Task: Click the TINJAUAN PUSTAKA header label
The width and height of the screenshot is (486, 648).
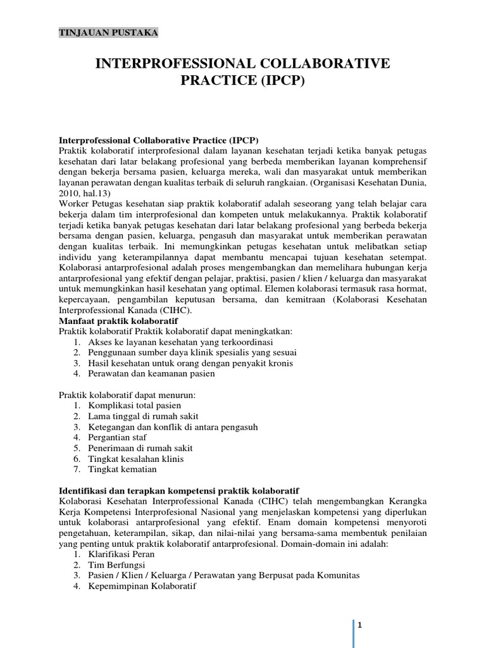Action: point(108,32)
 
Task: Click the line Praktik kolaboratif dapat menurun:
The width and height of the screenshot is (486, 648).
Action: point(127,395)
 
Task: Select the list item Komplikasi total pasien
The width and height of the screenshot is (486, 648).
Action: point(135,405)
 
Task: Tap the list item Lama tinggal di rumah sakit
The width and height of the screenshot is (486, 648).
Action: point(143,416)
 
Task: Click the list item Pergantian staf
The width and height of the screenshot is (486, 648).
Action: point(118,437)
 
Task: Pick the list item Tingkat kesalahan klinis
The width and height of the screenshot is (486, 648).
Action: point(136,459)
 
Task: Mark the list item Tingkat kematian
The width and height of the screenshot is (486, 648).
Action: point(122,470)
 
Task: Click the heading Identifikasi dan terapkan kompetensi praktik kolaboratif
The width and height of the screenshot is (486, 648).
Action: point(178,490)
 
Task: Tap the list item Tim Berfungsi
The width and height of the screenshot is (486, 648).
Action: point(115,565)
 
